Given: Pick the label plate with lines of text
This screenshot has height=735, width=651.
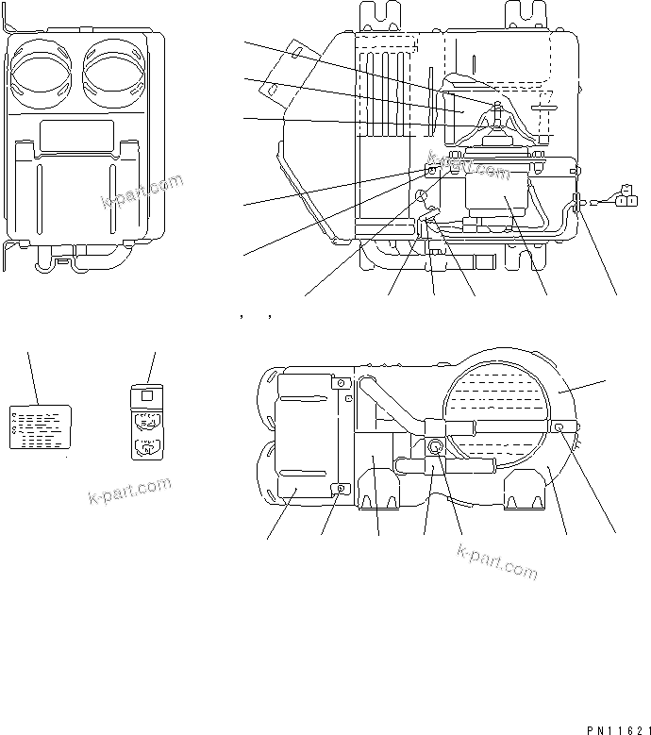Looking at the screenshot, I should [x=40, y=426].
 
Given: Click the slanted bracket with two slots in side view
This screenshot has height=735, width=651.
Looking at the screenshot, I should [x=283, y=71].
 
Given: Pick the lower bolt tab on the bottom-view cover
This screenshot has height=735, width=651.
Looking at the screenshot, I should [x=341, y=488].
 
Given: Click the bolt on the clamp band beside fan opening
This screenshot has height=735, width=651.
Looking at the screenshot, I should [x=560, y=427].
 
